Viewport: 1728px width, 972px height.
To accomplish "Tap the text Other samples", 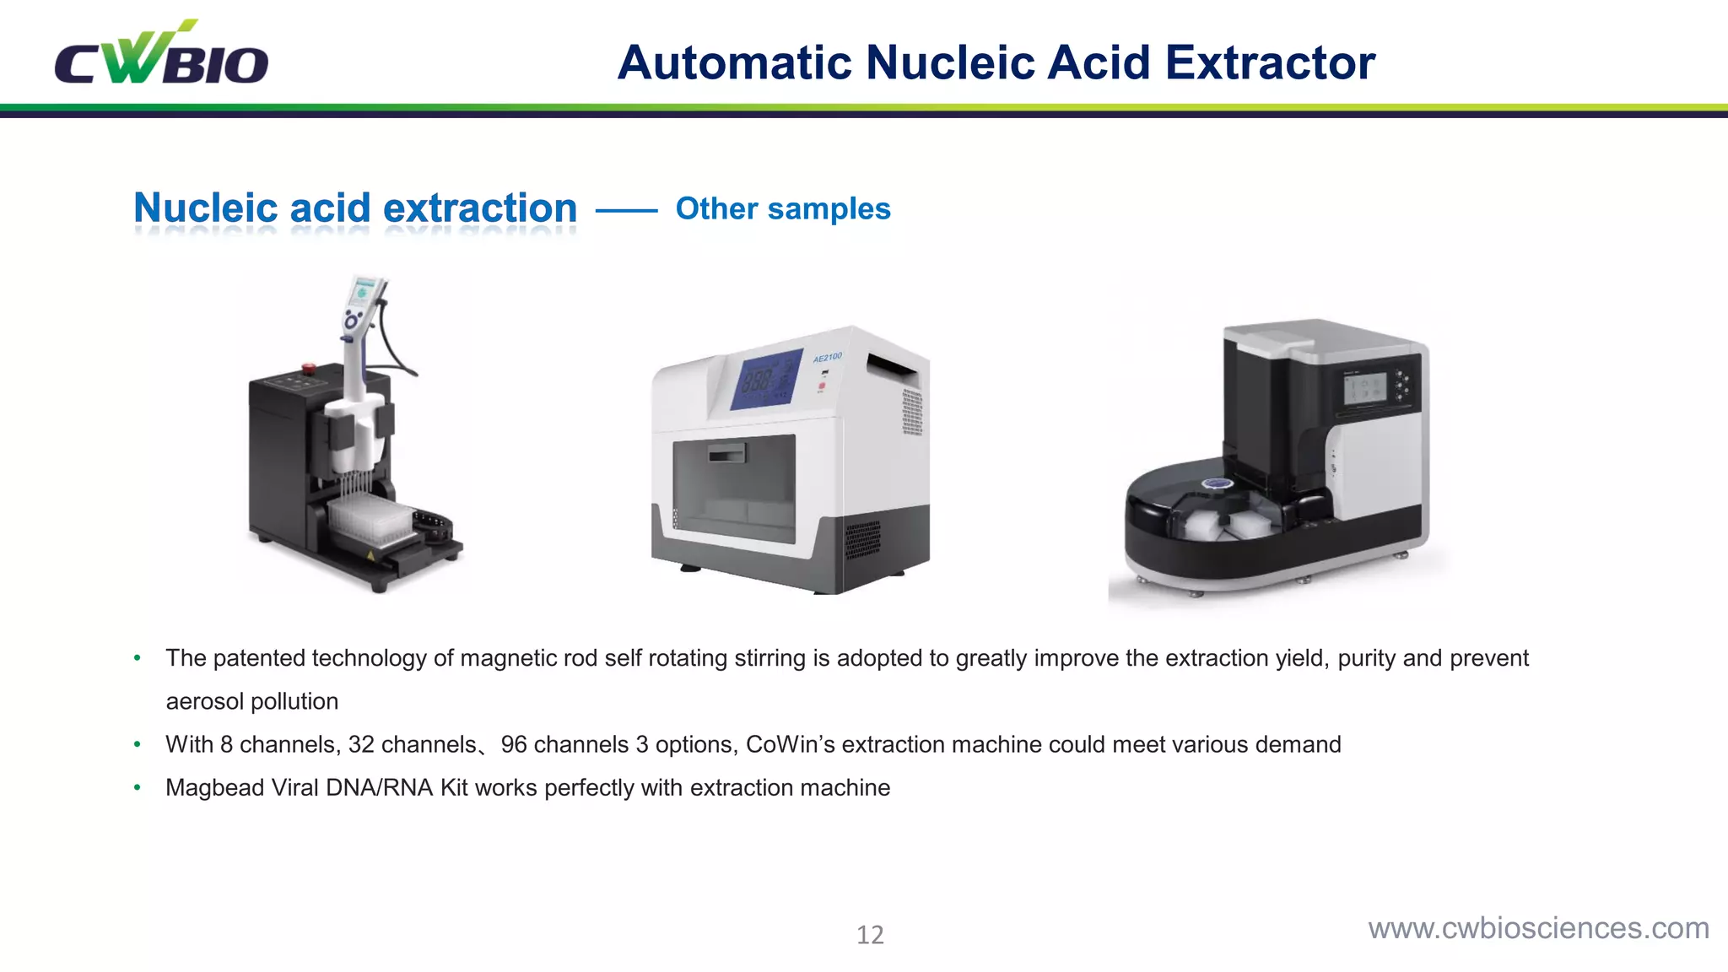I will pos(782,208).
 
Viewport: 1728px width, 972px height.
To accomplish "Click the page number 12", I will pos(870,935).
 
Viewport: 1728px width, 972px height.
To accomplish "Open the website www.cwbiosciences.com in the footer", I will pos(1538,928).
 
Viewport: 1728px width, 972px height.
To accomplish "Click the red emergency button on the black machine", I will pos(308,368).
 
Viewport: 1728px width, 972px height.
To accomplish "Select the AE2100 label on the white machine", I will pos(827,358).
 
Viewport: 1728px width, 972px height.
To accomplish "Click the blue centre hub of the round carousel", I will pos(1217,484).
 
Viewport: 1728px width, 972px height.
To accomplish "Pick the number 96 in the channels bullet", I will pos(513,744).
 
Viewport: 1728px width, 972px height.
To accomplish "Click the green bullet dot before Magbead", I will pos(137,787).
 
